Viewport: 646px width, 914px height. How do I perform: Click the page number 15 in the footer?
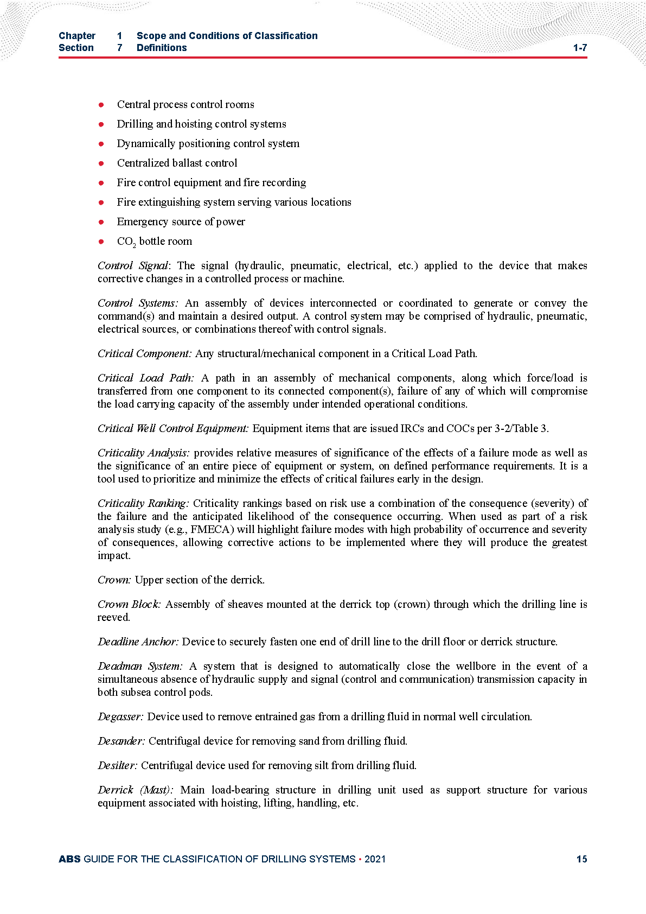pos(581,859)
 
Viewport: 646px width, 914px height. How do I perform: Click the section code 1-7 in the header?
pos(580,48)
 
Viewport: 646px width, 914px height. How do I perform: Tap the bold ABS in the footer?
pos(69,859)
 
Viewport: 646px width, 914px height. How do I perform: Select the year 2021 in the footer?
pos(375,859)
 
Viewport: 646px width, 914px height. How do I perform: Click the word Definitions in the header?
pos(162,48)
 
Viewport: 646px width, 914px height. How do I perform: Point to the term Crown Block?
pos(129,605)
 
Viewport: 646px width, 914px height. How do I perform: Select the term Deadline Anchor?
pos(138,642)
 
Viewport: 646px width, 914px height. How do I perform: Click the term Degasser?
pos(120,717)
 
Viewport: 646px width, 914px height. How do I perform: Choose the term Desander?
pos(121,741)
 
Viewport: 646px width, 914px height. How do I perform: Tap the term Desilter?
pos(117,766)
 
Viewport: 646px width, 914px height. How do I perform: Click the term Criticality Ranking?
pos(143,504)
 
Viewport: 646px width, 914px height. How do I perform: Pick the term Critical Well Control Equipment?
pos(173,429)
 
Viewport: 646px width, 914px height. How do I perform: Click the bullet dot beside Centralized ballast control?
pos(101,163)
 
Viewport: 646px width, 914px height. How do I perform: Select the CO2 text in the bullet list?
pos(126,242)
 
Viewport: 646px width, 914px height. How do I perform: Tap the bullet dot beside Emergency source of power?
pos(101,222)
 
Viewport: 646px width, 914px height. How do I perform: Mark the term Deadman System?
pos(140,667)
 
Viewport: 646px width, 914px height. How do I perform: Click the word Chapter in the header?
pos(77,36)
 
